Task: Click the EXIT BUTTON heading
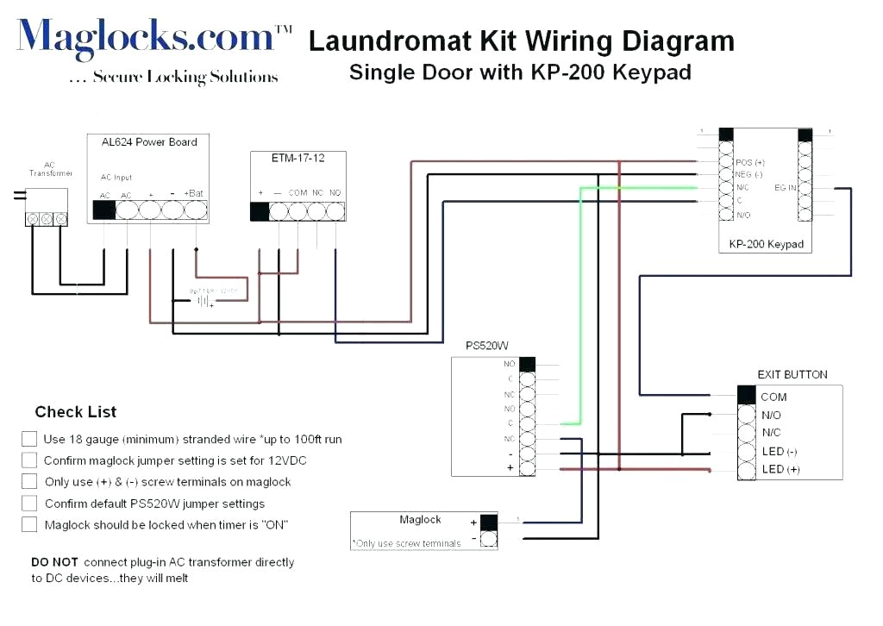point(792,375)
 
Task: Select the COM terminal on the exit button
point(773,397)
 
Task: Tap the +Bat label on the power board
point(194,193)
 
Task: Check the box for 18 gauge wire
point(29,439)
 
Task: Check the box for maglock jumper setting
point(29,460)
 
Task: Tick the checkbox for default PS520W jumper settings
point(29,504)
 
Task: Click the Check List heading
point(76,412)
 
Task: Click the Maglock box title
point(420,520)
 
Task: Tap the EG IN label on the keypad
point(785,186)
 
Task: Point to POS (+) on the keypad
point(750,162)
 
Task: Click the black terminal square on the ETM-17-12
point(260,212)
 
